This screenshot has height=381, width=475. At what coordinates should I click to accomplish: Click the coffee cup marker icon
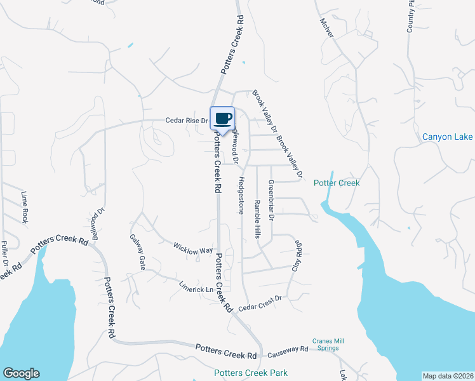click(222, 118)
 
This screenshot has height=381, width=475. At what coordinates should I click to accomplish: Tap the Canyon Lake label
click(447, 137)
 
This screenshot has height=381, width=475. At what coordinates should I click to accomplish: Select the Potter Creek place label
click(337, 183)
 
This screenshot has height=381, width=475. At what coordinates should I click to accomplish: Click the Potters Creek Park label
click(251, 373)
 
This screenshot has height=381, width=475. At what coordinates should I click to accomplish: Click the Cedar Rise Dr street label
click(187, 120)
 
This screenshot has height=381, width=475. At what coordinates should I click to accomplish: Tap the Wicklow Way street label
click(193, 247)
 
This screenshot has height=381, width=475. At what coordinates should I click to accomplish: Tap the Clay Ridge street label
click(295, 256)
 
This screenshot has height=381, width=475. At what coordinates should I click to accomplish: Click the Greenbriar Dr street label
click(271, 200)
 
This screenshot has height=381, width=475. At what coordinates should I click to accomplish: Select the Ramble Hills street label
click(257, 219)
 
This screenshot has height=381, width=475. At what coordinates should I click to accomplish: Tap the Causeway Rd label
click(287, 349)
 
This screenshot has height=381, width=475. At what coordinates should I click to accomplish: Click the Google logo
click(21, 373)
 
